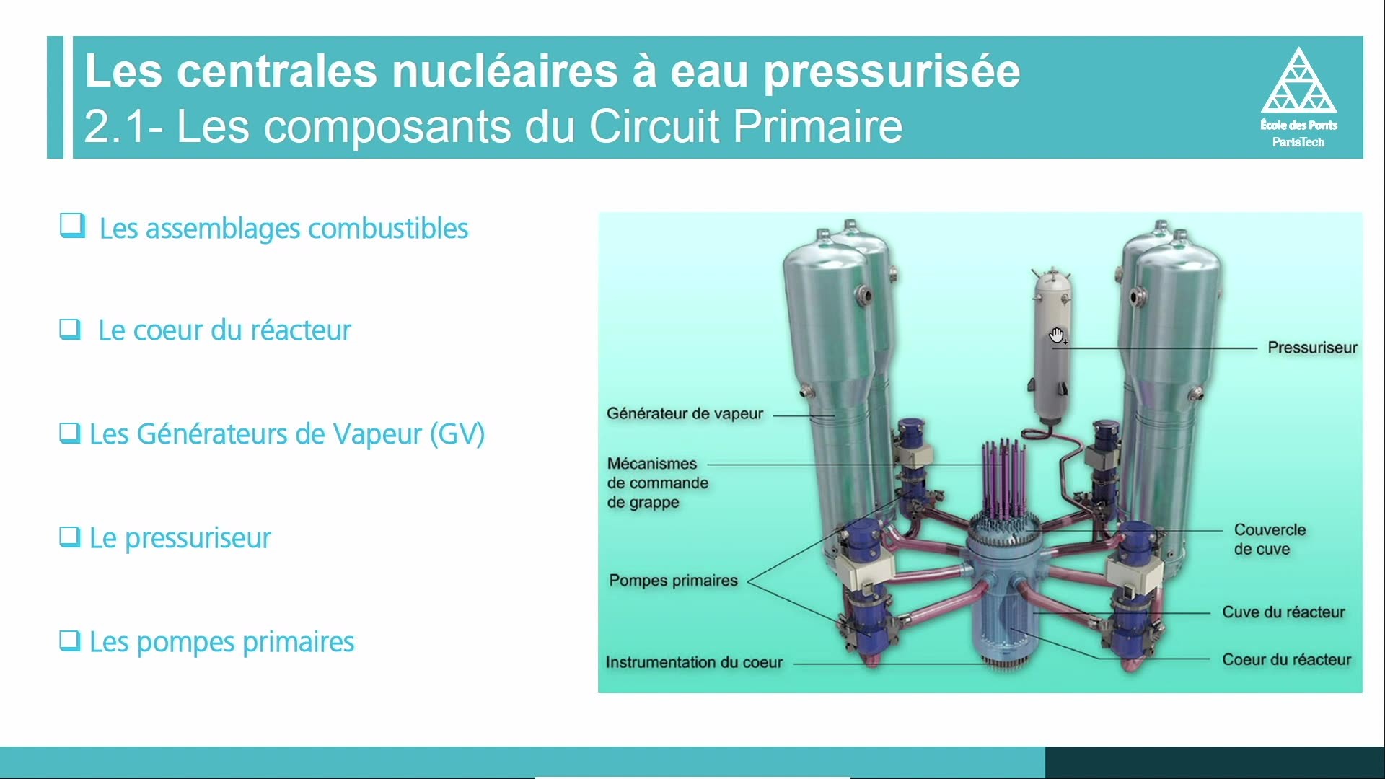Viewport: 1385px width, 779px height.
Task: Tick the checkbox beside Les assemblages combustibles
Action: click(x=72, y=226)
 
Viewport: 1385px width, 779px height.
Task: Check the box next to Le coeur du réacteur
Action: click(x=70, y=329)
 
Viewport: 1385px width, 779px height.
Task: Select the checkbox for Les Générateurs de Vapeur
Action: click(x=69, y=433)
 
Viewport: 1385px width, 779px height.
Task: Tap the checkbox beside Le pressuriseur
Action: click(x=69, y=537)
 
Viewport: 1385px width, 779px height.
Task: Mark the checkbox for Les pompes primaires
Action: click(x=69, y=641)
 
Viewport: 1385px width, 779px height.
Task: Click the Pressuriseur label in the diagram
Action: click(x=1312, y=348)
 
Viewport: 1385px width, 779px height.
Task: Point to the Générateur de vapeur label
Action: click(x=685, y=413)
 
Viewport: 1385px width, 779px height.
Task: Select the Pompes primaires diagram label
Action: click(x=673, y=581)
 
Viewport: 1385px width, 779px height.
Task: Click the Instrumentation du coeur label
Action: click(x=694, y=662)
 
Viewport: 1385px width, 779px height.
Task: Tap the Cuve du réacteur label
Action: click(x=1283, y=612)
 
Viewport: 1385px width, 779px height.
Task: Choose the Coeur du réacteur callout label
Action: click(x=1286, y=659)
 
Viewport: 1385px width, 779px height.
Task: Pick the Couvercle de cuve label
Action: click(x=1270, y=539)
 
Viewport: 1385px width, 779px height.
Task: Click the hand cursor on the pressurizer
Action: click(x=1058, y=335)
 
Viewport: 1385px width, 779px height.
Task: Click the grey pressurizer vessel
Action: click(x=1052, y=346)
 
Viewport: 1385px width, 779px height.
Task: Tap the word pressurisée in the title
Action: click(x=892, y=72)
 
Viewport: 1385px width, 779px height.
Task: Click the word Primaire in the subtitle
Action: click(x=818, y=126)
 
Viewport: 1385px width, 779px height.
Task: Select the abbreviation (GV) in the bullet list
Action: click(x=457, y=434)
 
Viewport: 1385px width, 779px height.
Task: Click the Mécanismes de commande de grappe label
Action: click(x=657, y=483)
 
